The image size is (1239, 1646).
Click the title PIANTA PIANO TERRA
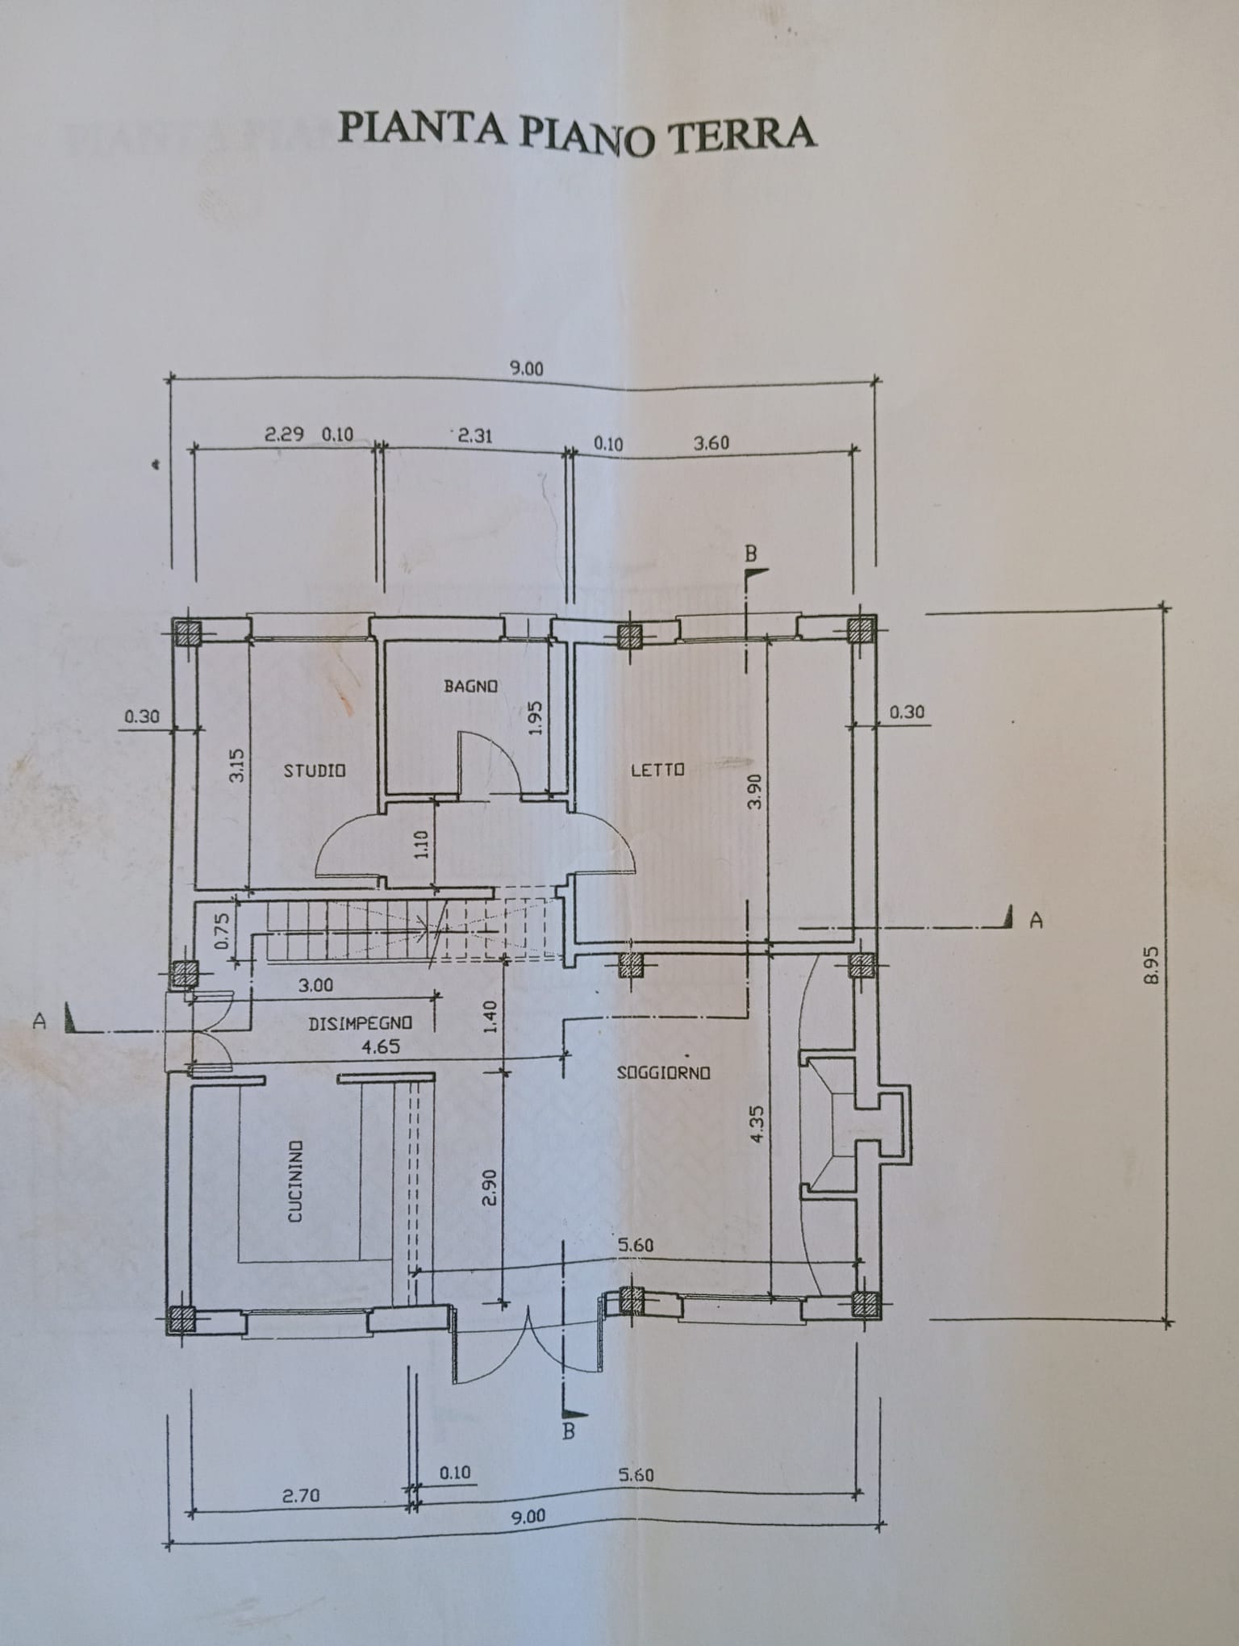coord(578,132)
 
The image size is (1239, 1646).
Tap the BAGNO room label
coord(470,686)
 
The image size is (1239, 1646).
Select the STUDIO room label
coord(315,771)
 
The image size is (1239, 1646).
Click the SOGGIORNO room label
coord(663,1073)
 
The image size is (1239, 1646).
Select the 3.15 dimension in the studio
coord(236,765)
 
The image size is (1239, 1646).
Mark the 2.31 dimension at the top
coord(474,436)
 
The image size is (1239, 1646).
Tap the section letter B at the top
coord(751,554)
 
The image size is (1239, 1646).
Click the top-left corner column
coord(188,632)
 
